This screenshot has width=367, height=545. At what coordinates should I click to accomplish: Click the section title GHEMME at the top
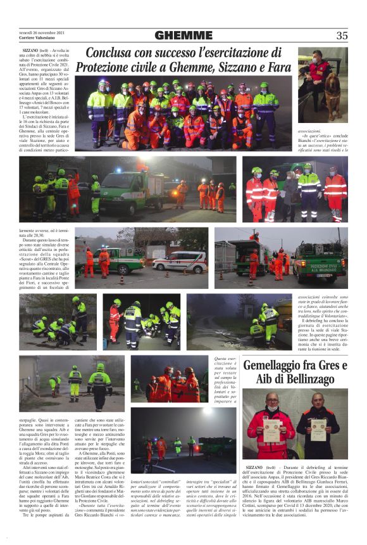pos(183,35)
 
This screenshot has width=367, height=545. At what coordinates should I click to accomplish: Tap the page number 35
pos(342,35)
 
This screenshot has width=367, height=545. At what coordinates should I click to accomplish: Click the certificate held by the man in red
pos(272,430)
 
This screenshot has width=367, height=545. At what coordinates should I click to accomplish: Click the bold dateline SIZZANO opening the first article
pos(30,49)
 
